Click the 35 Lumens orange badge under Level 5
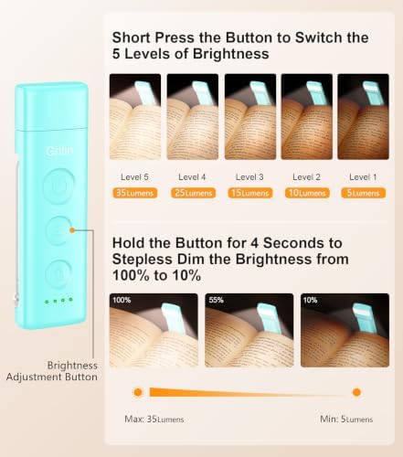[x=135, y=193]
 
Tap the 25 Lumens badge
[x=194, y=193]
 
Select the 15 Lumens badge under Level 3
[x=250, y=193]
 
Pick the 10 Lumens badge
[x=307, y=193]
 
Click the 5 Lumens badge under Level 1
[x=363, y=193]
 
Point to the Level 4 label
[x=192, y=177]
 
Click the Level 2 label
[x=306, y=177]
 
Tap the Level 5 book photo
[x=135, y=117]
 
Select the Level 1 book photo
[x=363, y=117]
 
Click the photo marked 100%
[x=154, y=330]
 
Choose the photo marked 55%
[x=249, y=330]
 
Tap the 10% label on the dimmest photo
[x=310, y=300]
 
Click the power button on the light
[x=58, y=186]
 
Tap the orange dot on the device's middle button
[x=72, y=230]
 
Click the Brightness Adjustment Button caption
[x=52, y=371]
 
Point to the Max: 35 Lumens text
[x=154, y=420]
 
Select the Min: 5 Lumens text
[x=346, y=420]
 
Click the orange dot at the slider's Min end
[x=356, y=392]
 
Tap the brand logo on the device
[x=59, y=151]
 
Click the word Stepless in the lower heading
[x=143, y=260]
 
